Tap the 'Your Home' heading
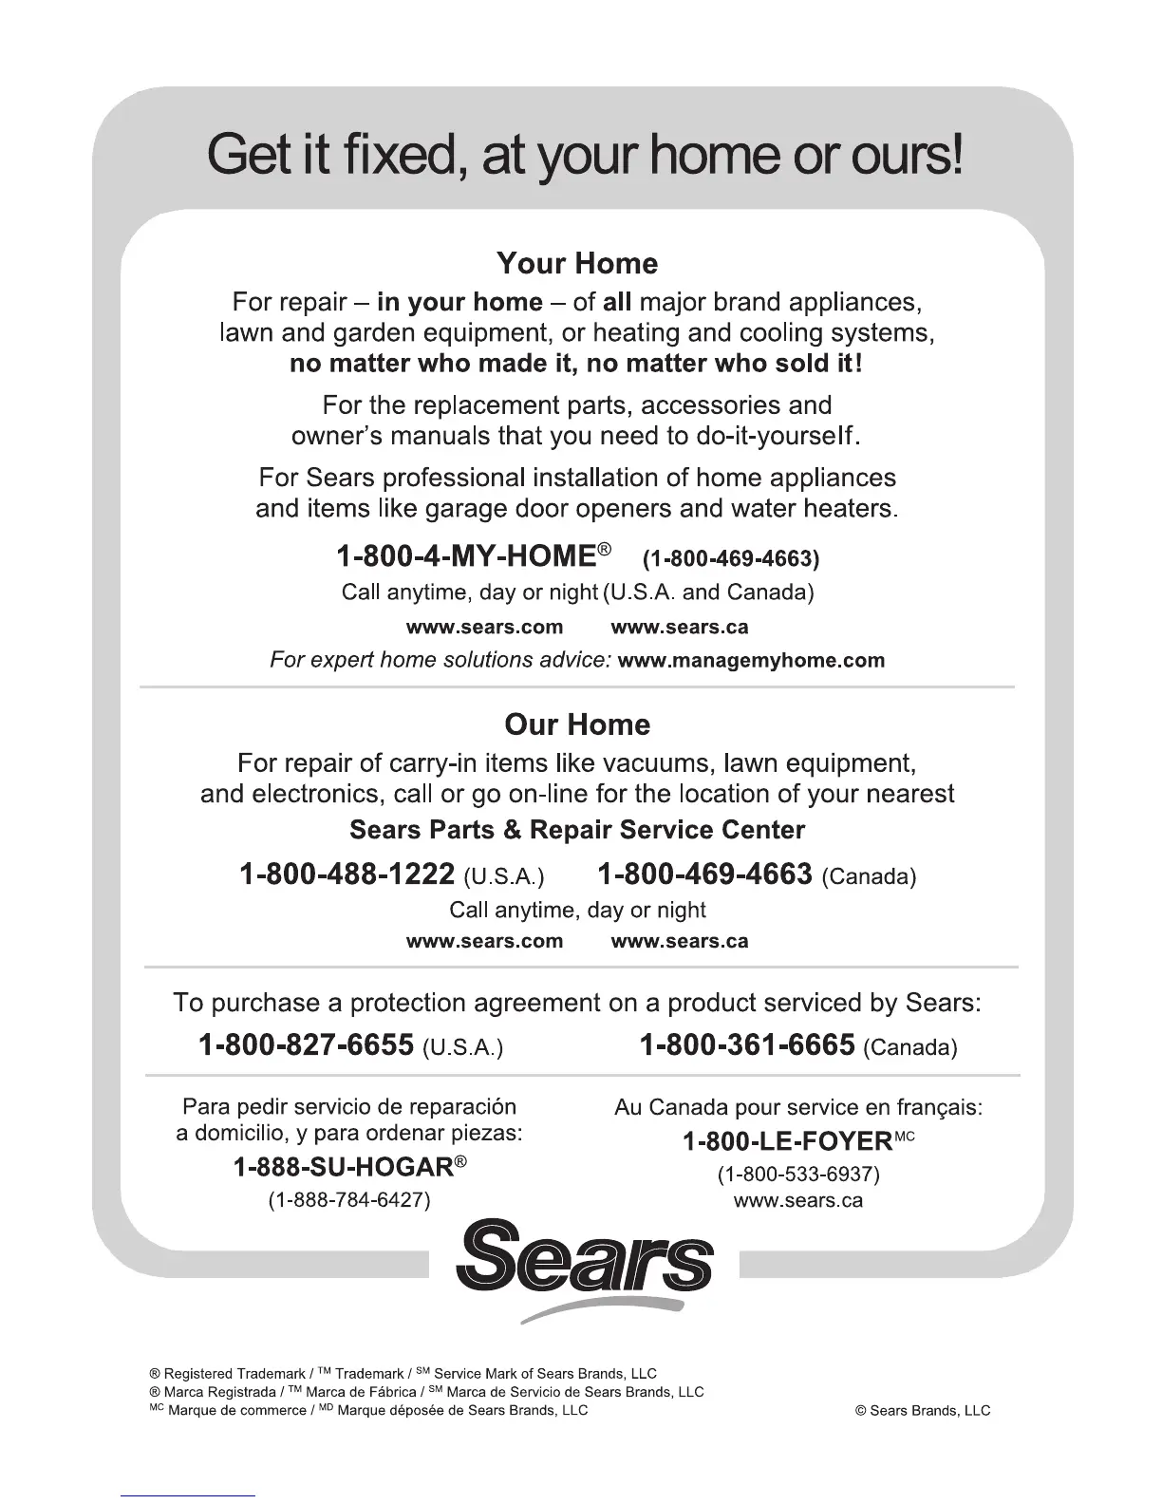click(x=577, y=263)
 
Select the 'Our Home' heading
click(x=577, y=724)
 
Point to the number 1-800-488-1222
click(x=347, y=874)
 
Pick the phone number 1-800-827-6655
click(x=306, y=1045)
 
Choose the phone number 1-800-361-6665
click(x=747, y=1045)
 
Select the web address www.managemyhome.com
click(x=751, y=660)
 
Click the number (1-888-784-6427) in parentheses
click(x=349, y=1200)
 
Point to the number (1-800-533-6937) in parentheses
click(x=798, y=1175)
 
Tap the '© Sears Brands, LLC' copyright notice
click(x=923, y=1410)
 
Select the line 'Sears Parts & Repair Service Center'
click(x=577, y=830)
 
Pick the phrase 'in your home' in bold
click(x=459, y=302)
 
